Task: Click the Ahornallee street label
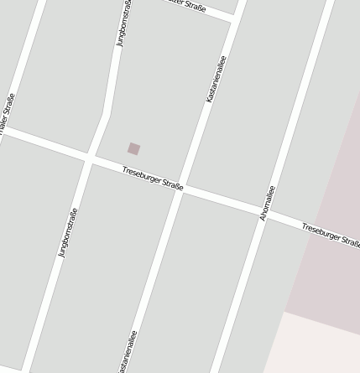point(268,202)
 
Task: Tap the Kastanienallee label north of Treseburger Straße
point(216,80)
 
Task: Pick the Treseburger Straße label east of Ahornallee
point(331,234)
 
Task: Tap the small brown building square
point(134,149)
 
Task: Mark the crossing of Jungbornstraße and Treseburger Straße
point(88,158)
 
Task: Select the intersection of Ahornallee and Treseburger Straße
point(260,212)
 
